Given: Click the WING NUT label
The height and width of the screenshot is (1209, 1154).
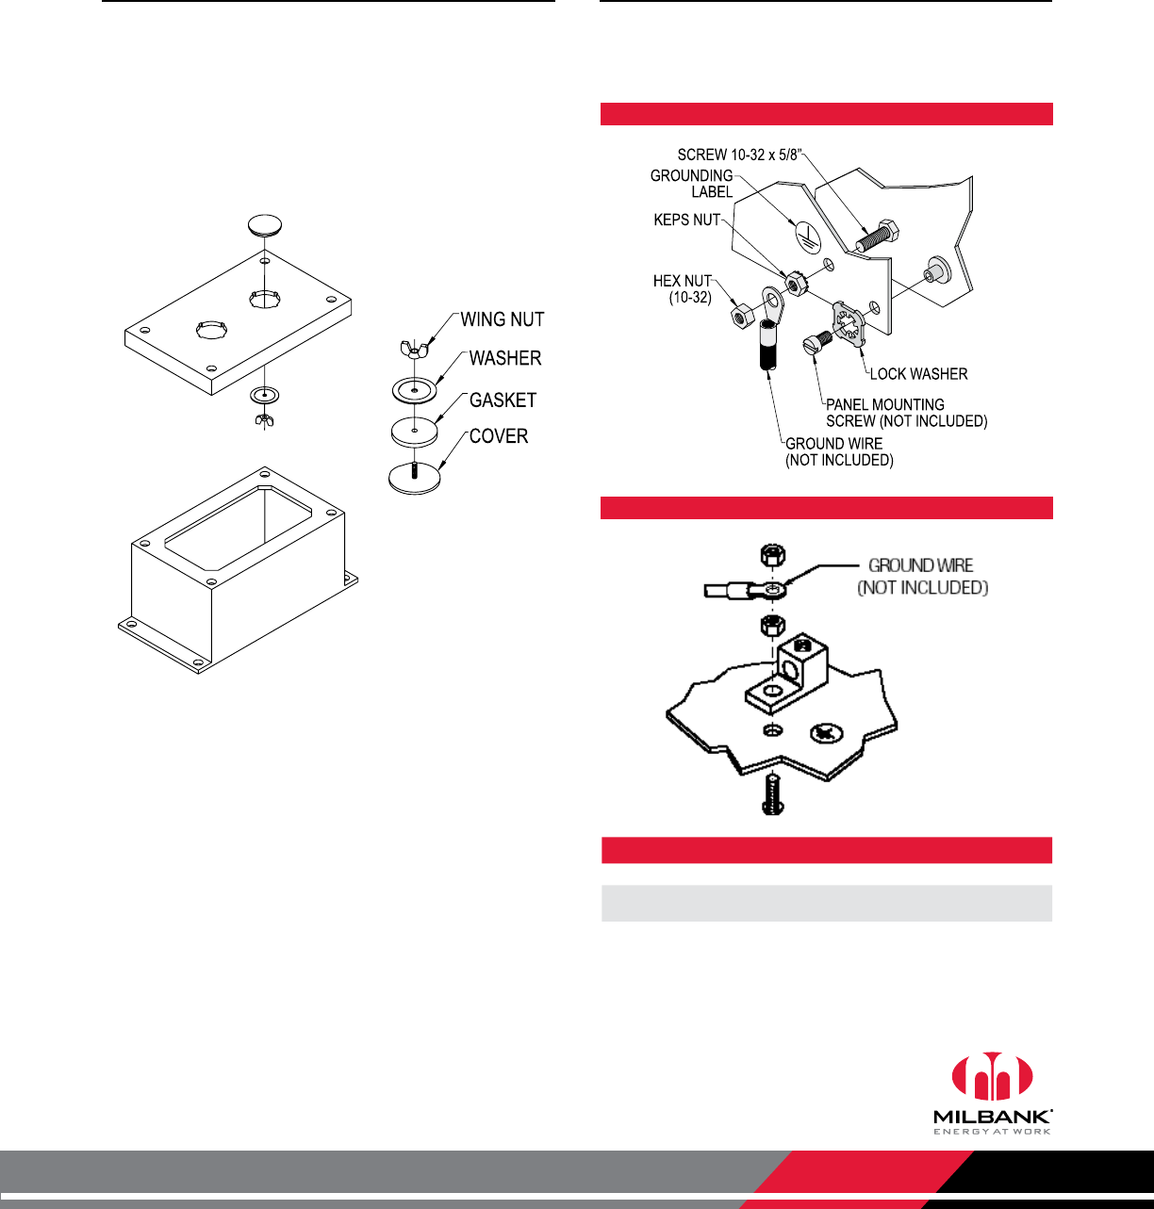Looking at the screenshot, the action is [502, 319].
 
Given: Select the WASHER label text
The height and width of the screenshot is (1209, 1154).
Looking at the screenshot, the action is [505, 358].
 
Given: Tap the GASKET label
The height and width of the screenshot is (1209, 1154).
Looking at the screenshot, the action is [503, 400].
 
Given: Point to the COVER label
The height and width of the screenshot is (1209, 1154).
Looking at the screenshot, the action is [499, 436].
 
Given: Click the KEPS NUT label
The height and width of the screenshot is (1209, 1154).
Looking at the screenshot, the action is [686, 220].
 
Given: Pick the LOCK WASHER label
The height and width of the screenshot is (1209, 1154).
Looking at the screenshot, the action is [918, 374].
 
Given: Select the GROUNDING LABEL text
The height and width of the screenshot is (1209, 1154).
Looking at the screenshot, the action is [691, 184].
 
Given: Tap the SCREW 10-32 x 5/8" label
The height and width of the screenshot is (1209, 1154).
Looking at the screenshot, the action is [745, 155].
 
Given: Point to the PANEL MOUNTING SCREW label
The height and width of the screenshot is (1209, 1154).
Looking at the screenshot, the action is [906, 413].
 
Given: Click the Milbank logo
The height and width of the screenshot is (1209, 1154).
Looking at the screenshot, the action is [992, 1093].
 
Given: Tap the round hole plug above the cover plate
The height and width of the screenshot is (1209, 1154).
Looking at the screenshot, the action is [266, 225].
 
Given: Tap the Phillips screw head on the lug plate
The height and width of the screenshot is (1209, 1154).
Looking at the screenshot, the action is [825, 732].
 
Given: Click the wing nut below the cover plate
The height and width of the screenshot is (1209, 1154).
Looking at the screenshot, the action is [264, 419].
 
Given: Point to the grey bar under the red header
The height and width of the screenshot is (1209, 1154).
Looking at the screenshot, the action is [826, 903].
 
